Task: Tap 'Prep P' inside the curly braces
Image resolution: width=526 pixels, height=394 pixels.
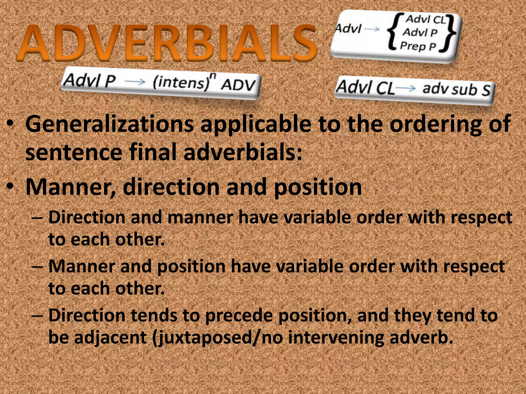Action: pyautogui.click(x=418, y=46)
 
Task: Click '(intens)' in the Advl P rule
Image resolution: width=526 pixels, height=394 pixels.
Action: pyautogui.click(x=180, y=83)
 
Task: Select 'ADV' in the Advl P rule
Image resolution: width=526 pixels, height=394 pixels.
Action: pyautogui.click(x=238, y=85)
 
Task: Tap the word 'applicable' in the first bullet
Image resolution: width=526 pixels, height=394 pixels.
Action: pyautogui.click(x=256, y=124)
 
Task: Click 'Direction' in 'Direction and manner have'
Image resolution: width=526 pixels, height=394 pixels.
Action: pyautogui.click(x=87, y=217)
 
